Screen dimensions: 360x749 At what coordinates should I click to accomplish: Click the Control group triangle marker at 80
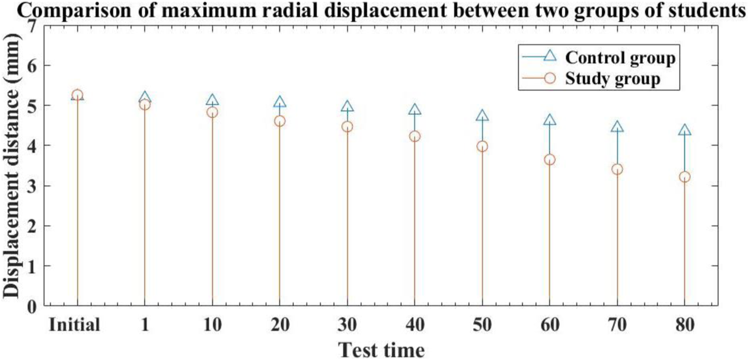[x=685, y=130]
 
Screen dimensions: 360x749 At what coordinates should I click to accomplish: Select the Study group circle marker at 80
[x=685, y=177]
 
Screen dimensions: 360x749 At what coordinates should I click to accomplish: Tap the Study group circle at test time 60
[x=549, y=160]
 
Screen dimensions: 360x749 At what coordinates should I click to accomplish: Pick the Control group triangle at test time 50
[x=482, y=116]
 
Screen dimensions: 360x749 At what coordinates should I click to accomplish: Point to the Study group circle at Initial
[x=77, y=95]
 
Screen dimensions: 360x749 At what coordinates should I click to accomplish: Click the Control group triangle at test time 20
[x=280, y=103]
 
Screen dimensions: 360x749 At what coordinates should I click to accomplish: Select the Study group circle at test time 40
[x=414, y=136]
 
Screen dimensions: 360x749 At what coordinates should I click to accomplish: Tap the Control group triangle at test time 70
[x=617, y=127]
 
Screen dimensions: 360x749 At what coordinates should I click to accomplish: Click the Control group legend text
[x=620, y=58]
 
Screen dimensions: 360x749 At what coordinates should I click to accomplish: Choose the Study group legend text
[x=613, y=79]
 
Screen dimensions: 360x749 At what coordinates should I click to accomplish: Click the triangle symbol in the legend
[x=549, y=55]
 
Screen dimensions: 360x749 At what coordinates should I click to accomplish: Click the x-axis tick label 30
[x=347, y=324]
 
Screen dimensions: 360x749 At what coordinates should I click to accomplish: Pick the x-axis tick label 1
[x=145, y=324]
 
